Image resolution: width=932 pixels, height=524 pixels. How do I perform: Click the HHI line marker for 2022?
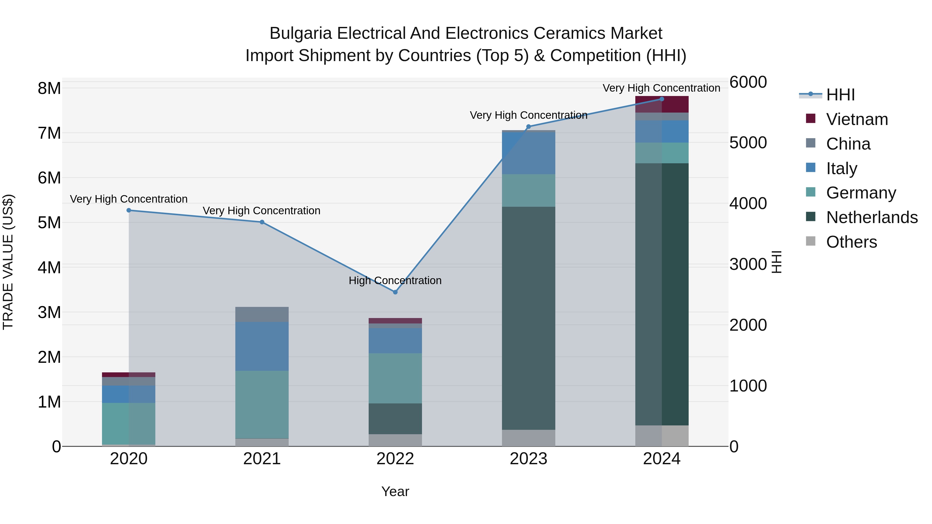tap(395, 292)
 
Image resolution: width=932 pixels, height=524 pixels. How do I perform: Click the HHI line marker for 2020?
tap(129, 210)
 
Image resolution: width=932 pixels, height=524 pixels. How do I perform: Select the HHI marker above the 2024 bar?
tap(662, 99)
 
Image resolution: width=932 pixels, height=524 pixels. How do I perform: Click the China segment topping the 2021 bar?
tap(262, 314)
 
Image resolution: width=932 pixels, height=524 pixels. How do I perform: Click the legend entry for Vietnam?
tap(857, 119)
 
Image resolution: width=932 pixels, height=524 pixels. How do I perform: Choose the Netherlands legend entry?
tap(871, 217)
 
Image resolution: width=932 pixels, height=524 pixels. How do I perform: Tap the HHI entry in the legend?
tap(840, 95)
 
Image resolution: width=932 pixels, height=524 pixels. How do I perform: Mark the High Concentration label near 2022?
tap(395, 281)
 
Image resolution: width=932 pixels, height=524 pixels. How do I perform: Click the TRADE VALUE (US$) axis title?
tap(8, 262)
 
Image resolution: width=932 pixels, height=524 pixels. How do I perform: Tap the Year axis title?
tap(395, 491)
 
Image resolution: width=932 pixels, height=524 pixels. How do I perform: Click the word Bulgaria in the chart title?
tap(300, 33)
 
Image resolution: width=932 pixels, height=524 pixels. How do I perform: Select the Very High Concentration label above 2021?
tap(261, 210)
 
